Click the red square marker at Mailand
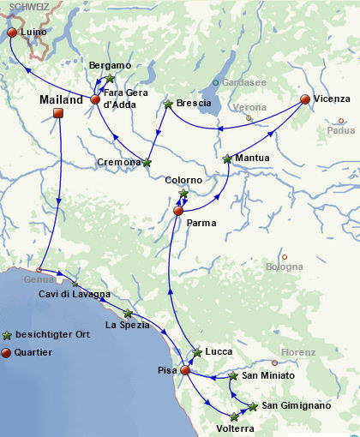click(58, 113)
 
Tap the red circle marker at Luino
click(12, 33)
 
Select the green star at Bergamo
click(109, 79)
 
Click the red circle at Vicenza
click(304, 99)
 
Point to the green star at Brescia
click(169, 104)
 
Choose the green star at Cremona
click(147, 162)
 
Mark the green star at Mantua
click(227, 159)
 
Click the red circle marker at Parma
click(178, 211)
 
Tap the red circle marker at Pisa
click(185, 370)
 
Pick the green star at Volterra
click(234, 417)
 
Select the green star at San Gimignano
click(253, 406)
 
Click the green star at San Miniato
click(233, 376)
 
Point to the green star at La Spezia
click(128, 314)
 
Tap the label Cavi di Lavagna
click(75, 295)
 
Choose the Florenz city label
click(299, 352)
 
